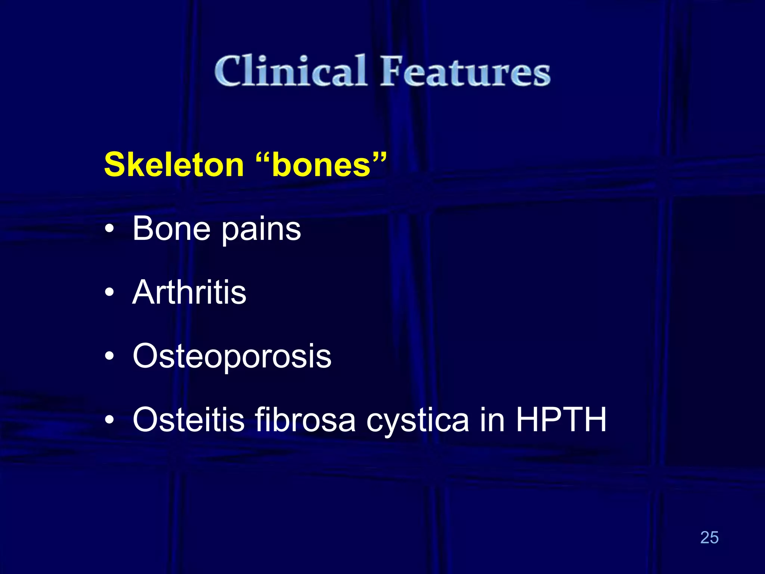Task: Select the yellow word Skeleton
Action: (x=174, y=165)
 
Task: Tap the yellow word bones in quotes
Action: (x=321, y=166)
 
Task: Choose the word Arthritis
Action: (x=189, y=292)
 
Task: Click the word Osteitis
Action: (x=188, y=420)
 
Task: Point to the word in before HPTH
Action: (x=492, y=420)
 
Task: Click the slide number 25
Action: (x=709, y=538)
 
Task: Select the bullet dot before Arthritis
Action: (x=109, y=293)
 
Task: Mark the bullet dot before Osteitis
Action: (x=109, y=420)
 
